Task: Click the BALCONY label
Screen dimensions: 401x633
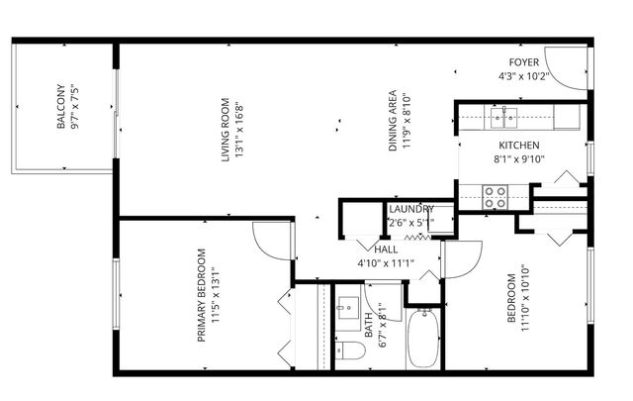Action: (x=60, y=107)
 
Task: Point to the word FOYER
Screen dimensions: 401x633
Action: (x=524, y=62)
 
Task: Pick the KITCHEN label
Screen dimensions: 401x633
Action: (x=518, y=145)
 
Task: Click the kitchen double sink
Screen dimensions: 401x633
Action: (x=504, y=119)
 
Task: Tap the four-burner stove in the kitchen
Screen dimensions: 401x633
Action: (x=495, y=197)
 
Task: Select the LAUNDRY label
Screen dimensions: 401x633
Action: (x=410, y=210)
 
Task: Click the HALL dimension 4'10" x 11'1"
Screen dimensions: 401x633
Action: (x=385, y=263)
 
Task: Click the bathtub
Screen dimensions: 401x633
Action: (x=425, y=339)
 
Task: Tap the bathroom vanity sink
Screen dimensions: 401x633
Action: (x=348, y=309)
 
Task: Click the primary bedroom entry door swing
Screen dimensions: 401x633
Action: (x=271, y=241)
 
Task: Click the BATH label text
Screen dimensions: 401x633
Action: (x=369, y=327)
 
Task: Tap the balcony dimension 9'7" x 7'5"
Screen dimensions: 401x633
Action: (x=74, y=107)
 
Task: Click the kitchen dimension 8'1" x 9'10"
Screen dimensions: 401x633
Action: (x=518, y=158)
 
